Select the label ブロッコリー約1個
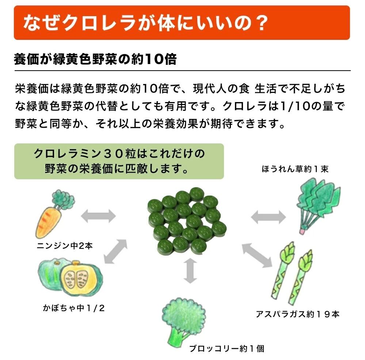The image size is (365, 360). coord(227,348)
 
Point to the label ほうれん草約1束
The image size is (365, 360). coord(295,169)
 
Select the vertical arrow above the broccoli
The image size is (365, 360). coord(189,271)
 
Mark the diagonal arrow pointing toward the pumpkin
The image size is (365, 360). coord(115,251)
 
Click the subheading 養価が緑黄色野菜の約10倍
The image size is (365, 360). coord(95,59)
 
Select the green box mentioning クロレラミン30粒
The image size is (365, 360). coord(119,161)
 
